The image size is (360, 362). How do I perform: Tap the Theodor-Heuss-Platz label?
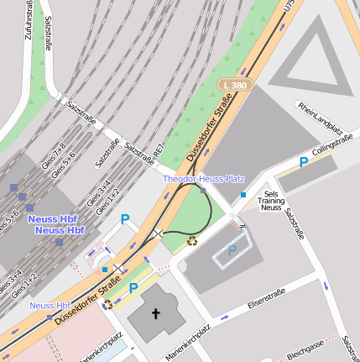203,179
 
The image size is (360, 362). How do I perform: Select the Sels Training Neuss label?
270,201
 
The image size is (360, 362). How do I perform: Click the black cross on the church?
155,313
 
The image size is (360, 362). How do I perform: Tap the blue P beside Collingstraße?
304,162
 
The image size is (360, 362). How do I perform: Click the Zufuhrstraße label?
30,19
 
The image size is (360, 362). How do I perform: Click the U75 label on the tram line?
290,8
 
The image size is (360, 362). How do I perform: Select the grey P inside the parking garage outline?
232,250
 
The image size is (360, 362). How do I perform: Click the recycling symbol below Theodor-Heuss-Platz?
192,241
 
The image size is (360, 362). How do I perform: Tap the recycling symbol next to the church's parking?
107,304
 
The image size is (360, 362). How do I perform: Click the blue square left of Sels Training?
243,195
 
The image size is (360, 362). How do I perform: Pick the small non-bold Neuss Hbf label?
50,305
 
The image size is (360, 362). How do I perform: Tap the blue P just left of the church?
133,287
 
